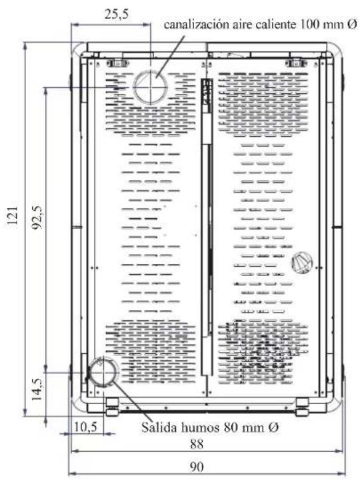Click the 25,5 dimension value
[117, 15]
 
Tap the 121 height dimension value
[13, 216]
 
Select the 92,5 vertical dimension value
[39, 217]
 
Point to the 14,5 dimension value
[37, 389]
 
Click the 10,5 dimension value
[85, 427]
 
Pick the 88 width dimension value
[197, 444]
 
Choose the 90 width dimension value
[197, 467]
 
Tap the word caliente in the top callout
[276, 24]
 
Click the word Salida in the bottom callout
[159, 427]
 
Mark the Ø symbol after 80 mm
[274, 427]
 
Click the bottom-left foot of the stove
[113, 406]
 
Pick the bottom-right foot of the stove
[302, 407]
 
